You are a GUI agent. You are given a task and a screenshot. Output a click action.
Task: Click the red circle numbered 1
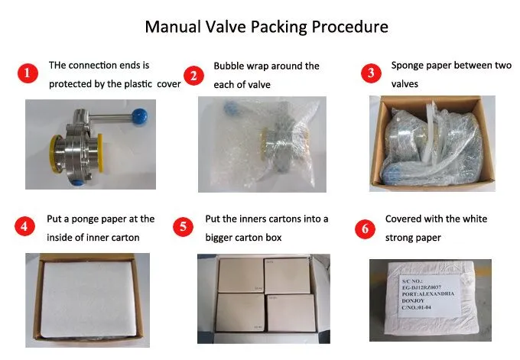click(x=28, y=74)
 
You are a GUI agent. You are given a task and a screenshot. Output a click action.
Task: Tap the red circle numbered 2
click(x=195, y=75)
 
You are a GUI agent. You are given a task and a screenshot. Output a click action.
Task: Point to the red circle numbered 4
click(x=26, y=227)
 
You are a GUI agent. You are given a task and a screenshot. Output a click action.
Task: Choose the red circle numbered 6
click(x=365, y=228)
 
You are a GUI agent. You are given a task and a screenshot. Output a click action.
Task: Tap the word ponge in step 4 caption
click(x=89, y=219)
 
